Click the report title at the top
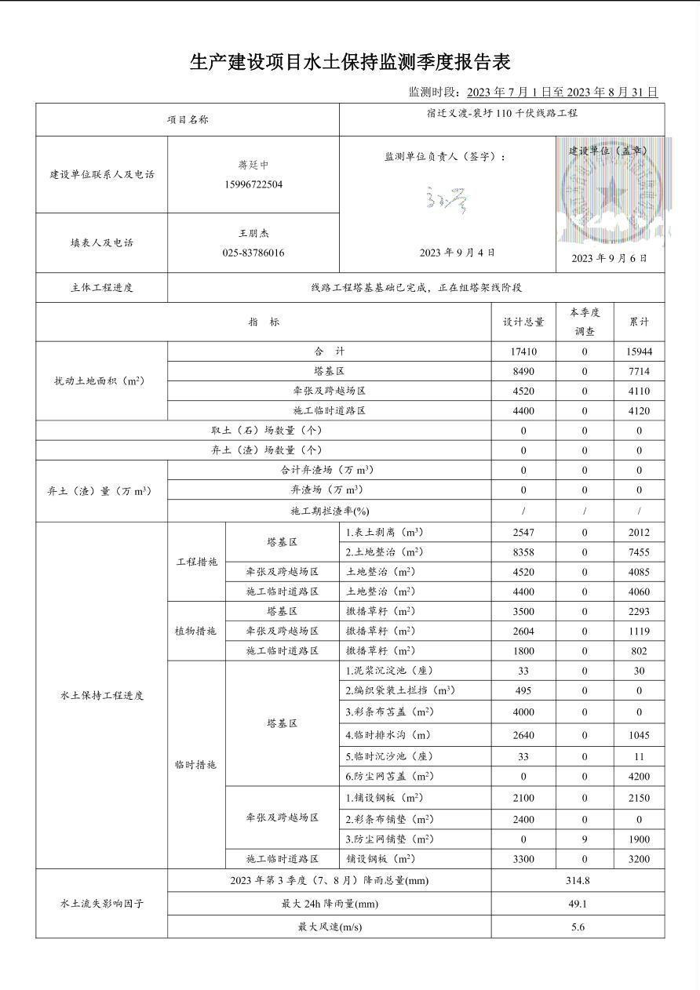tap(350, 62)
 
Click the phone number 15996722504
tap(253, 185)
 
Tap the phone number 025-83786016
tap(253, 253)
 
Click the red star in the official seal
tap(610, 191)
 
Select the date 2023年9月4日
tap(457, 253)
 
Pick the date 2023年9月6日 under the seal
tap(610, 258)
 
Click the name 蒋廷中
tap(253, 166)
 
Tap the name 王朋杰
tap(253, 234)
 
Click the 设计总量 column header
tap(523, 322)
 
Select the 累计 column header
tap(639, 322)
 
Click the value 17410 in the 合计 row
tap(523, 352)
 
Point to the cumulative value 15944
tap(639, 352)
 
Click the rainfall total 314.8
tap(578, 881)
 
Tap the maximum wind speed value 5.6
tap(578, 927)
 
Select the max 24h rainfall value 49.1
tap(578, 904)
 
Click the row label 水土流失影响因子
tap(102, 904)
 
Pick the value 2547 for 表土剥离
tap(523, 533)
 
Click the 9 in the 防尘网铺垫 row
tap(585, 839)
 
